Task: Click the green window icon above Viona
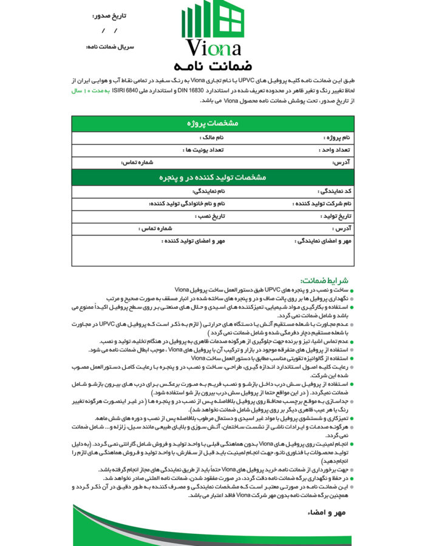[212, 22]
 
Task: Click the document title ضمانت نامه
[212, 65]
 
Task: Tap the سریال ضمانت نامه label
[110, 47]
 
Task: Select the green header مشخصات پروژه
[212, 123]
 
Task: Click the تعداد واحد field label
[335, 150]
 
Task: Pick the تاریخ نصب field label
[209, 216]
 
